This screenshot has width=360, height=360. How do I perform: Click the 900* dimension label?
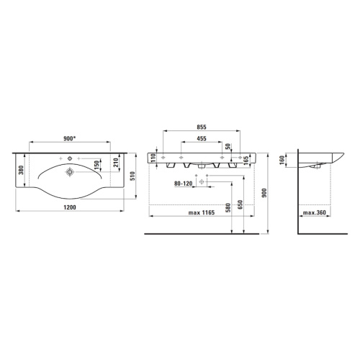[70, 138]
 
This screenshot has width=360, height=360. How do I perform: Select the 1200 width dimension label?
[70, 207]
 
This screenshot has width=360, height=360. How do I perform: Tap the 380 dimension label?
[21, 170]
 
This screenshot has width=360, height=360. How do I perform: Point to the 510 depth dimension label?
[132, 176]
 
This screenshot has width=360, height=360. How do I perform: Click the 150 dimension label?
[96, 165]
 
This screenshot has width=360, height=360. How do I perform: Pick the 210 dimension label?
[115, 163]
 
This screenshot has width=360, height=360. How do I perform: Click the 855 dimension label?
[202, 127]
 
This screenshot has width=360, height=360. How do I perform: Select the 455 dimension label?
[202, 138]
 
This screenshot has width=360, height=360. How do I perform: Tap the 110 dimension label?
[153, 158]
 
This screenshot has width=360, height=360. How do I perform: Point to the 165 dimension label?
[246, 161]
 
